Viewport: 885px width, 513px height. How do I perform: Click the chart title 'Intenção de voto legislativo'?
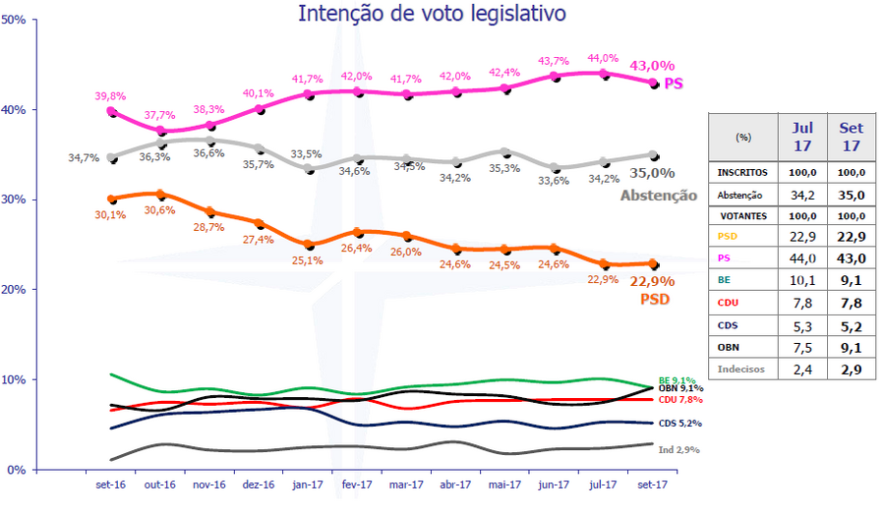(x=432, y=14)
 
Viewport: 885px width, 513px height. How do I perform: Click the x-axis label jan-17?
(x=310, y=484)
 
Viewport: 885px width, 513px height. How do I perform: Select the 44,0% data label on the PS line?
(x=604, y=59)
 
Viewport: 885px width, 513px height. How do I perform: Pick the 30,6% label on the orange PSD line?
(x=160, y=210)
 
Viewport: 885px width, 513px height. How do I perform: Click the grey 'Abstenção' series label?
(x=658, y=196)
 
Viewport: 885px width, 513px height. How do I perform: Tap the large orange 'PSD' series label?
(x=655, y=298)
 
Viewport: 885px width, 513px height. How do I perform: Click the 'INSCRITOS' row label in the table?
(x=742, y=173)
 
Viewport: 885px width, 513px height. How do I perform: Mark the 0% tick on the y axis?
(x=18, y=469)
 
